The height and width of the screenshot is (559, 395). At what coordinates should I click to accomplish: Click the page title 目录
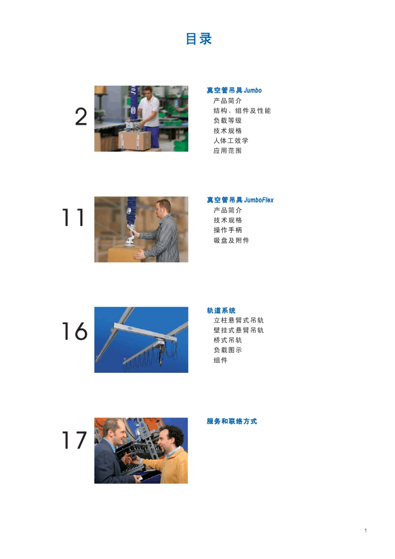(199, 39)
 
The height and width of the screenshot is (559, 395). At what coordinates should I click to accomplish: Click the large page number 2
(81, 117)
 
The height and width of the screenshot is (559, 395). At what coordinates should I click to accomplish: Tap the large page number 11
(73, 218)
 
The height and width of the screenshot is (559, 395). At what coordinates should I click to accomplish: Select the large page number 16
(75, 331)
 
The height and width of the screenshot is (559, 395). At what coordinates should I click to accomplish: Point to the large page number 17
(74, 441)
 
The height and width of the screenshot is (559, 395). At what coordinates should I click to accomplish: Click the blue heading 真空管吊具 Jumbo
(234, 90)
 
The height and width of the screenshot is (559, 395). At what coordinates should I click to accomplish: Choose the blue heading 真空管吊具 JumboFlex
(240, 200)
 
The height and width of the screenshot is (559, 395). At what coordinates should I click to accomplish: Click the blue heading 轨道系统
(221, 310)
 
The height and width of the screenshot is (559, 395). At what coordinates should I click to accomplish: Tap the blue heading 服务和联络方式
(232, 421)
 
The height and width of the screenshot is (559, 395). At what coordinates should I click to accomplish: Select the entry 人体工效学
(231, 140)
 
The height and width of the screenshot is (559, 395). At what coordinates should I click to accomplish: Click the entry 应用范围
(227, 150)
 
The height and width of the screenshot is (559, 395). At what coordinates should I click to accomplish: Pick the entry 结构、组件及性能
(242, 111)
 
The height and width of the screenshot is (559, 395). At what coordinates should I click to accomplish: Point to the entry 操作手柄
(227, 230)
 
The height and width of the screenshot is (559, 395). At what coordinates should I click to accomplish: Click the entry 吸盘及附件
(231, 240)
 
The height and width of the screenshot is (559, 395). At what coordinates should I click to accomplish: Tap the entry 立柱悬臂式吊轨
(239, 320)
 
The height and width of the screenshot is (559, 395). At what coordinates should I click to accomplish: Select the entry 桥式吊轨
(227, 340)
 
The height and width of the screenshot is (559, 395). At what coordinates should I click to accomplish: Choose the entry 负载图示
(227, 350)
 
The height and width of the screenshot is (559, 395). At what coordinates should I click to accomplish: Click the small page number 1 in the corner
(365, 530)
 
